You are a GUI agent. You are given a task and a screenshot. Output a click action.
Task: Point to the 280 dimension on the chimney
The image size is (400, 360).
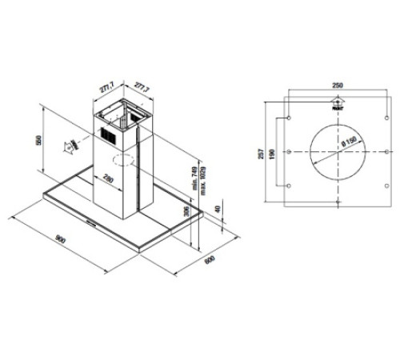[106, 178]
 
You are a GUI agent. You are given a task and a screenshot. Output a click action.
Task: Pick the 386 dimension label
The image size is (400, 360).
[186, 213]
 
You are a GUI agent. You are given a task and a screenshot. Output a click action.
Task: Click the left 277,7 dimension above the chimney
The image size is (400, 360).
[106, 82]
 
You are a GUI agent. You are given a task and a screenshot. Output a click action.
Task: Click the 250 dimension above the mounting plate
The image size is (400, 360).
[338, 84]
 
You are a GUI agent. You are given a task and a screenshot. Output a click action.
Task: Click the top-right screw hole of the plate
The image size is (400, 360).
[387, 118]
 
